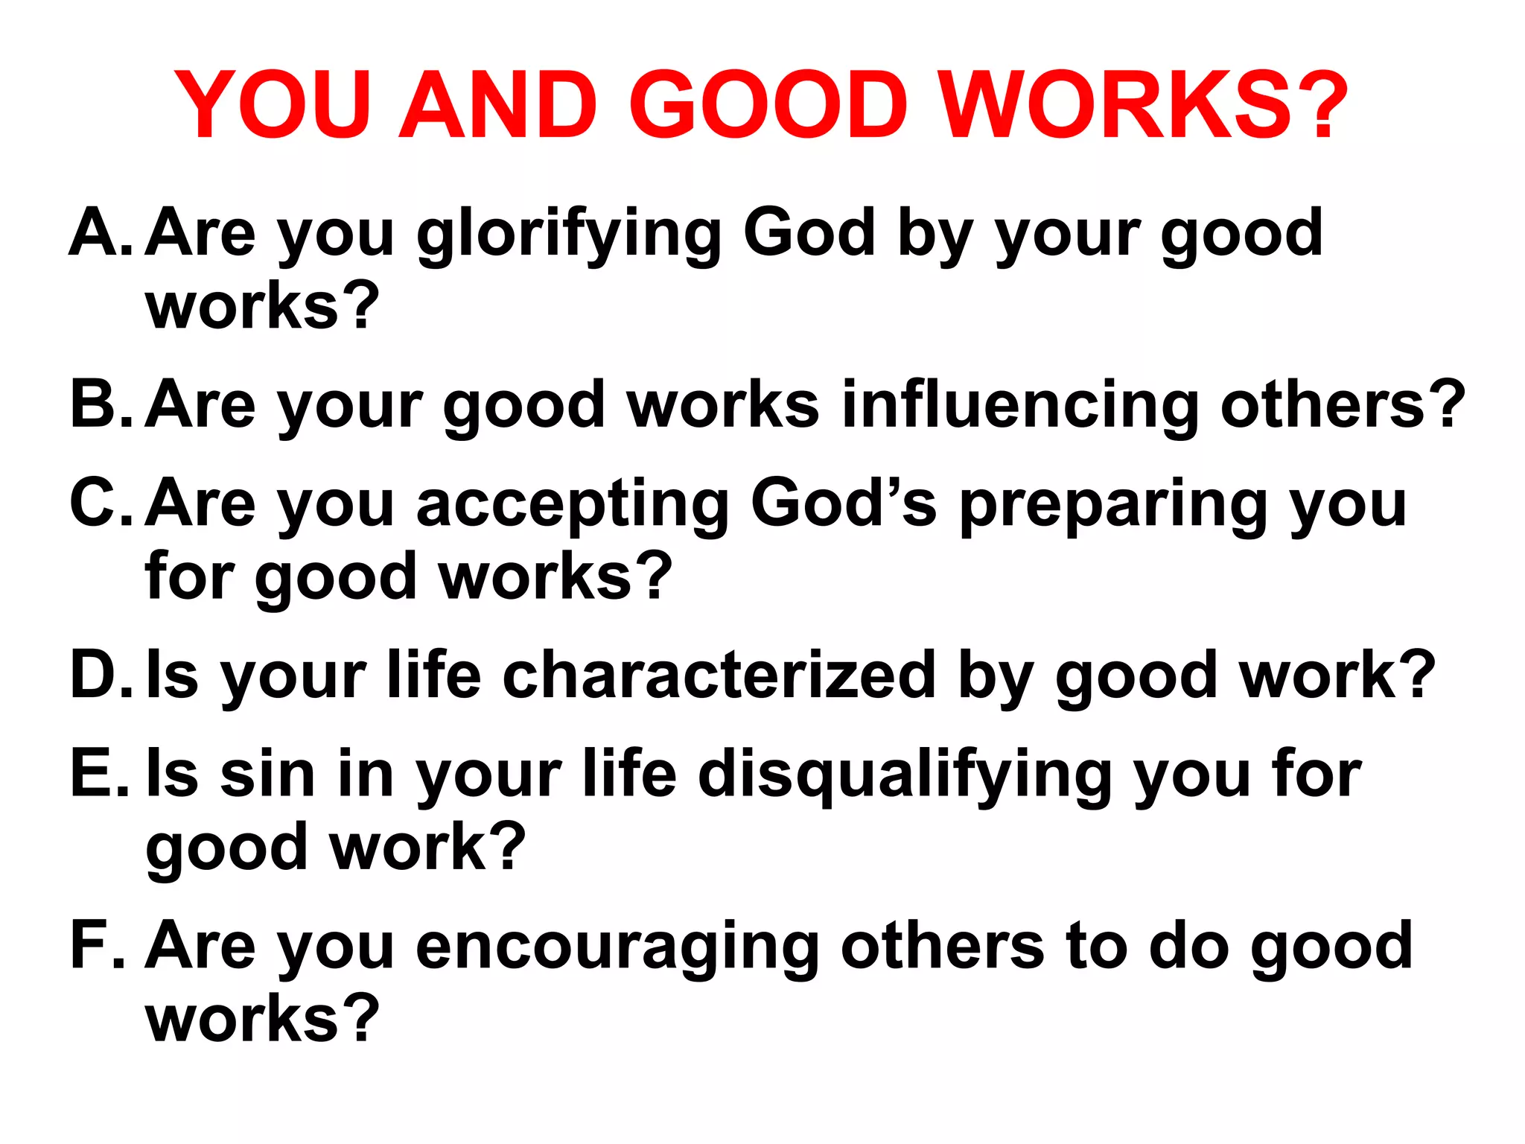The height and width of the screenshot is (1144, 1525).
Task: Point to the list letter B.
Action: [x=95, y=404]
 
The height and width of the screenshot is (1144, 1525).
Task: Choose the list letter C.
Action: [x=95, y=503]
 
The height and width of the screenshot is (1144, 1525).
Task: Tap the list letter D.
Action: [x=95, y=675]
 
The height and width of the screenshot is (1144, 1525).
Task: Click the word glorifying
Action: [x=569, y=235]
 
